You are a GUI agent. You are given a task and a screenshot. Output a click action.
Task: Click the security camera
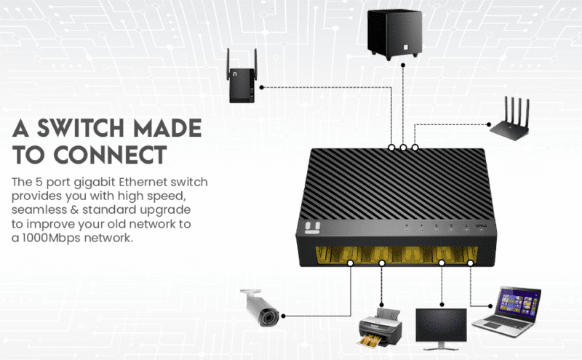click(260, 308)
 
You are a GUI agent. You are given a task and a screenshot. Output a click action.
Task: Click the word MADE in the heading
click(174, 129)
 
